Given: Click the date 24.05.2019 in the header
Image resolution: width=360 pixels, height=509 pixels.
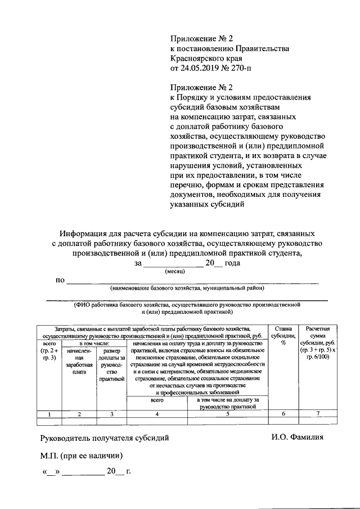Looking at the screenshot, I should coord(197,69).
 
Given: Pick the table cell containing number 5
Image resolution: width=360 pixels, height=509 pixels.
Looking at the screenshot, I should coord(228,414).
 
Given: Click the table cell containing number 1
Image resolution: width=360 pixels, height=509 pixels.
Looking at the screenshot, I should coord(49,414).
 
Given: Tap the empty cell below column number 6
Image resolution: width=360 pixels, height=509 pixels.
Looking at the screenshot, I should coord(283,421).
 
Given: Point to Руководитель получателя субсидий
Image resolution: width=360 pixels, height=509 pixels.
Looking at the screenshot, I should coord(104,436).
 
